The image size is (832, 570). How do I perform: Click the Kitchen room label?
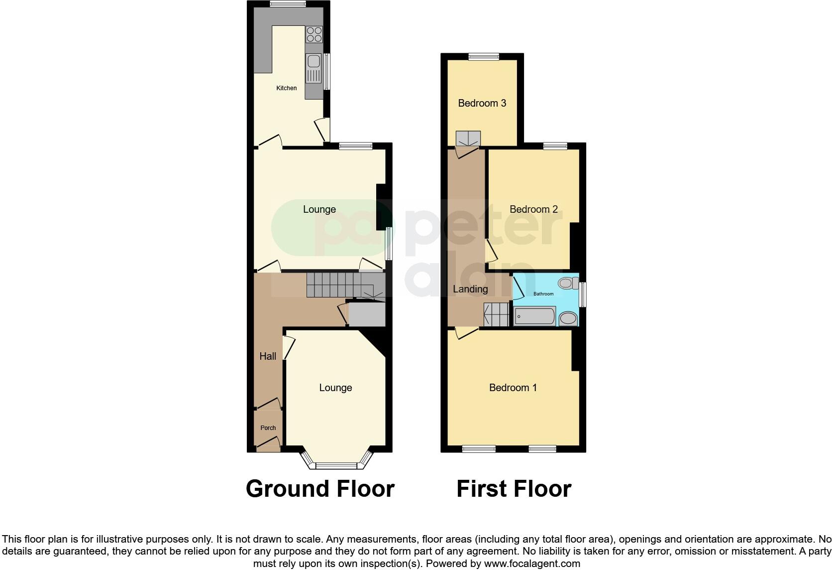point(287,88)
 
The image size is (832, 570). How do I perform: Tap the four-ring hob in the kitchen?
point(314,34)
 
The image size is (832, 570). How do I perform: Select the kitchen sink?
point(313,62)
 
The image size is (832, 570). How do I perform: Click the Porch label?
point(268,427)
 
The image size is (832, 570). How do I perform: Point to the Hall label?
point(268,356)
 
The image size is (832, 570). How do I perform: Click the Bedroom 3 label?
point(482,103)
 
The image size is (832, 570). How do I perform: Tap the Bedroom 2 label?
point(533,209)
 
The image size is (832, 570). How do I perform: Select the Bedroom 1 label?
point(513,388)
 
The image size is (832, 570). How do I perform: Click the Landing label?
point(470,289)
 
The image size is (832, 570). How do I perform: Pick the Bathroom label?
point(543,294)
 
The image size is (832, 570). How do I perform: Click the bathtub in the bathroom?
point(535,316)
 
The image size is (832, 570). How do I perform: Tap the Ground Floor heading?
point(320,489)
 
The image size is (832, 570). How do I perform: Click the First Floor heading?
point(514,489)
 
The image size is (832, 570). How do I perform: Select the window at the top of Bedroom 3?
point(484,56)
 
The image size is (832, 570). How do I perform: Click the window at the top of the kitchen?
point(288,4)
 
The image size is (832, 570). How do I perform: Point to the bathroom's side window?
point(583,294)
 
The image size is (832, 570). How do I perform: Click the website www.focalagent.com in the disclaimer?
point(532,564)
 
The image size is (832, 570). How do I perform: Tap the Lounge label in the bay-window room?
point(335,388)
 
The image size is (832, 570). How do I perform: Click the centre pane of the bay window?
point(336,466)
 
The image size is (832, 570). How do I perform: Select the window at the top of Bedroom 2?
point(555,146)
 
